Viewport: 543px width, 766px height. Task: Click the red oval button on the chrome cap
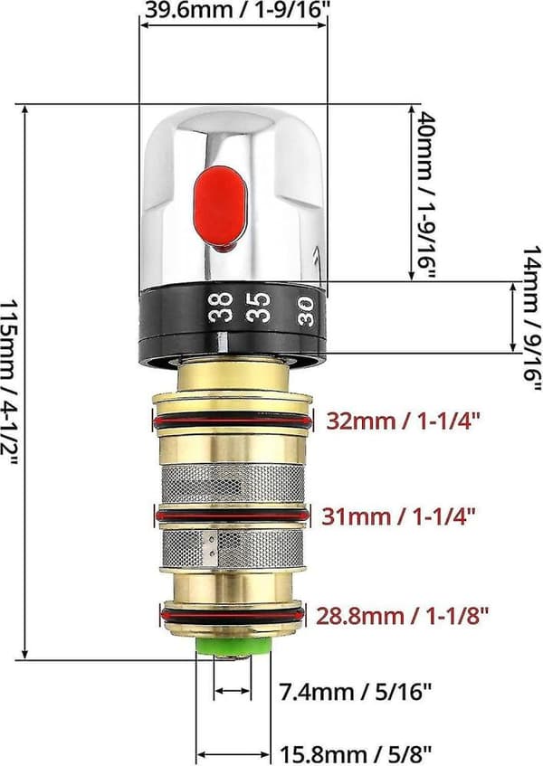point(221,206)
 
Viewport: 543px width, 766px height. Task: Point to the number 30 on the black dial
point(306,311)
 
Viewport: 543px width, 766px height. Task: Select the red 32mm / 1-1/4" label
point(405,421)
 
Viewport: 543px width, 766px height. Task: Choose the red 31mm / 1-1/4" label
point(398,515)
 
